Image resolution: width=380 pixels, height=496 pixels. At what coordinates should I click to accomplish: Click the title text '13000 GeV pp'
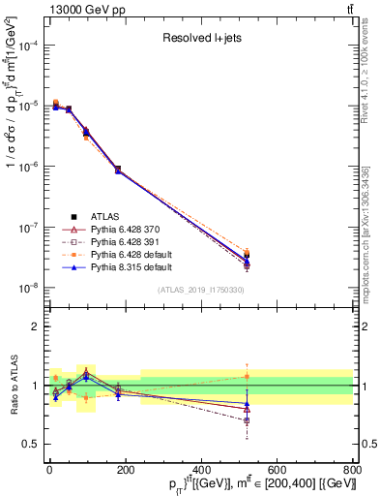coord(44,9)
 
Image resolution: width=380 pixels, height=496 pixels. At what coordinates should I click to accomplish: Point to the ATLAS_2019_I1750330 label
coord(198,290)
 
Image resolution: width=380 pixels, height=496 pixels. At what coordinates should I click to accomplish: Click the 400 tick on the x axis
coord(201,470)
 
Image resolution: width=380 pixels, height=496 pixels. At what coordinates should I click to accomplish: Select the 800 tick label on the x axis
coord(352,470)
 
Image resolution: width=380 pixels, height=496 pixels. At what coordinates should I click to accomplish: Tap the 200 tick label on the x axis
coord(126,470)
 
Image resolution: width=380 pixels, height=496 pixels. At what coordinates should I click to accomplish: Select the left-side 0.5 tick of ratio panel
coord(32,444)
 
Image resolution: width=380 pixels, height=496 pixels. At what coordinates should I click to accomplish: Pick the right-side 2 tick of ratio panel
coord(365,326)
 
